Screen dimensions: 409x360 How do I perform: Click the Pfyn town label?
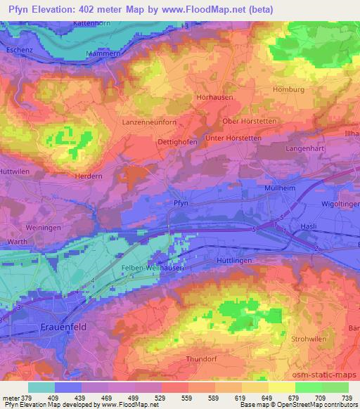(x=181, y=202)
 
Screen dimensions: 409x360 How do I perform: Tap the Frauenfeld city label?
(x=39, y=327)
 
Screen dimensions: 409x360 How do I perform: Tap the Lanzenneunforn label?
(x=149, y=123)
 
